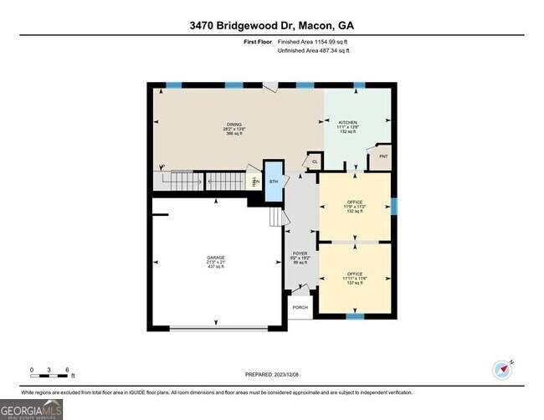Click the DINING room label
tap(234, 125)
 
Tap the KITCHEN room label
tap(347, 123)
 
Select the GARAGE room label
tap(216, 257)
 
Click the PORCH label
tap(300, 307)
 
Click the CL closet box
tap(314, 161)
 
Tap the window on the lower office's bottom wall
tap(356, 317)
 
